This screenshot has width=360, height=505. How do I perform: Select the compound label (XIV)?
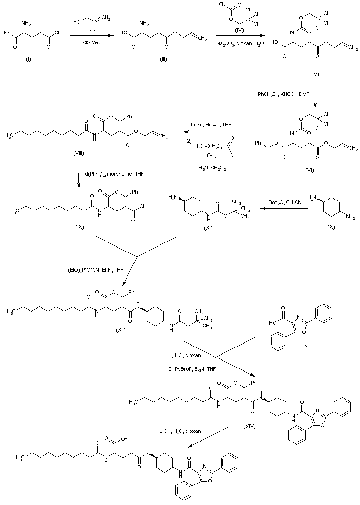point(249,426)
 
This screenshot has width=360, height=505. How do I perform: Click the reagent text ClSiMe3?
point(88,44)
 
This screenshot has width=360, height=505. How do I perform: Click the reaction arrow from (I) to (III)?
point(88,36)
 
